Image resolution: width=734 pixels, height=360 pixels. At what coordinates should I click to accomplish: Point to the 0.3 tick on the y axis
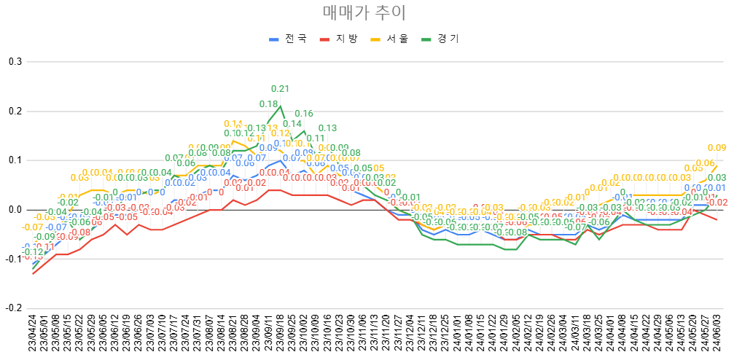point(15,61)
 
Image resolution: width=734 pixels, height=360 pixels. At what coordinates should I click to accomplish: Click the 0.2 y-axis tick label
point(15,111)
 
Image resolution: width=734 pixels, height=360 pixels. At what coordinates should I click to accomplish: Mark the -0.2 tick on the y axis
point(13,308)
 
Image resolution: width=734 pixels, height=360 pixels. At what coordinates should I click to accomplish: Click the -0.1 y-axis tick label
point(13,259)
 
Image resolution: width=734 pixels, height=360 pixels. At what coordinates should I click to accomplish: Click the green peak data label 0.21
point(281,89)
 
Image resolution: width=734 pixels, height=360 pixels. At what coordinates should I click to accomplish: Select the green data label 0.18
point(269,104)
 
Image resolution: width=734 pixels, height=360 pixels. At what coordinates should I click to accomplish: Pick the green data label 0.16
point(304,114)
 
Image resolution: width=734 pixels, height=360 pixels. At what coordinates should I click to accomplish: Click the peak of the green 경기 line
point(281,106)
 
